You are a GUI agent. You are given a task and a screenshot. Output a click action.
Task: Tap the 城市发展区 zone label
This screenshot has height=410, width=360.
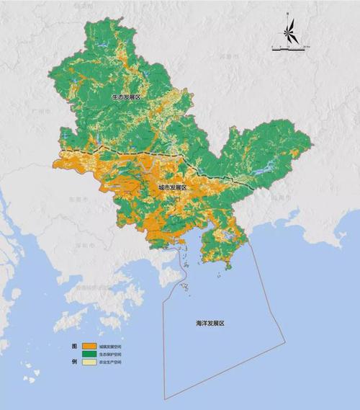172,187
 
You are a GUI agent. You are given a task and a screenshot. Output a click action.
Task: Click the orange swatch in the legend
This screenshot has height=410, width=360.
90,347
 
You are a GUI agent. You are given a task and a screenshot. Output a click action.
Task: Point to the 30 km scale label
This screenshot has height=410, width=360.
305,46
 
